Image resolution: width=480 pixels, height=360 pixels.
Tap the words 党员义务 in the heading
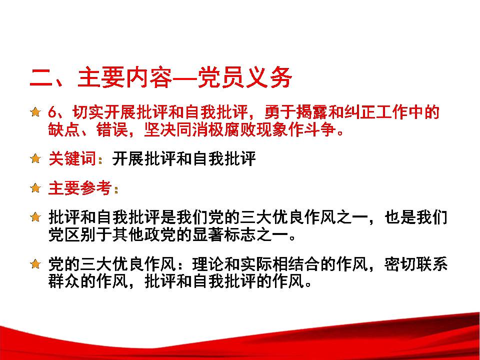coord(244,78)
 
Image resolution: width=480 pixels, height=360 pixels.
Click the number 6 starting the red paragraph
coord(52,112)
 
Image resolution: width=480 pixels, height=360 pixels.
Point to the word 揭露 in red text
coord(312,112)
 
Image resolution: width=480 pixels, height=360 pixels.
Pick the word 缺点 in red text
coord(64,129)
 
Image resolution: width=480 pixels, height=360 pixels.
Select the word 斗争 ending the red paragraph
coord(320,129)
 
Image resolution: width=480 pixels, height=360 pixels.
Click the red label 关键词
coord(72,158)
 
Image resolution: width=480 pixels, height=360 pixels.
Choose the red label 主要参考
coord(80,187)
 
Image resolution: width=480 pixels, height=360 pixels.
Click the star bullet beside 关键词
coord(35,158)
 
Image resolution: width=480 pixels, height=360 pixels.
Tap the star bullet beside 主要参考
coord(35,187)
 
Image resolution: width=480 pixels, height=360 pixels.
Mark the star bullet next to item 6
coord(35,111)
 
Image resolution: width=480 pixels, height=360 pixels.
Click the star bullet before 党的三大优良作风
coord(35,263)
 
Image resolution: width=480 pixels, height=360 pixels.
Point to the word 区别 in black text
coord(80,235)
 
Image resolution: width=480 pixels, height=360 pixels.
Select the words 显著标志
coord(224,235)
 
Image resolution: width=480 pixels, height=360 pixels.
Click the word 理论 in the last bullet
coord(208,264)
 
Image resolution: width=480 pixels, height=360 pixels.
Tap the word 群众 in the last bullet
coord(64,281)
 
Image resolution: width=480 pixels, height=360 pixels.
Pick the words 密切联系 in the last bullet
coord(415,264)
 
